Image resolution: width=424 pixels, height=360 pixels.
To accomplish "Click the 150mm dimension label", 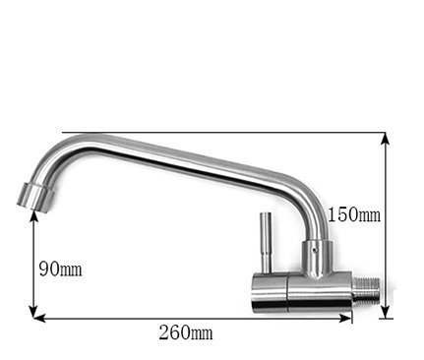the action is (354, 215).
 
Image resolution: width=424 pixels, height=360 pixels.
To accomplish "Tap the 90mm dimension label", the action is (60, 270).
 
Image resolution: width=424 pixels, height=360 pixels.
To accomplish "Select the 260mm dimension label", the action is (186, 332).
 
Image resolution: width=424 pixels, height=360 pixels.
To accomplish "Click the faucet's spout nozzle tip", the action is (35, 199).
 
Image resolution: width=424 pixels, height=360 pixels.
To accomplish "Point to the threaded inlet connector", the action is (367, 291).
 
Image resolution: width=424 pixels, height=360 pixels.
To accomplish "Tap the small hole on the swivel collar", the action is (315, 250).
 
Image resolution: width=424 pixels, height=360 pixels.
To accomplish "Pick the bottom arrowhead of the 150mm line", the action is (386, 313).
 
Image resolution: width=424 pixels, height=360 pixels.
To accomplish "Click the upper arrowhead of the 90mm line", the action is (33, 216).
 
